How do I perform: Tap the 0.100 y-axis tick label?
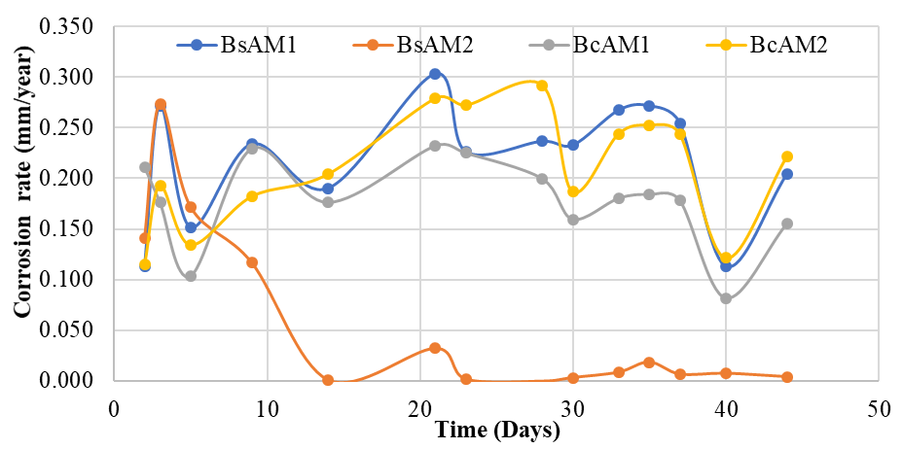click(x=65, y=280)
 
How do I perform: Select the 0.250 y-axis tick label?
click(x=65, y=127)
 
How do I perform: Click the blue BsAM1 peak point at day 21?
click(x=435, y=74)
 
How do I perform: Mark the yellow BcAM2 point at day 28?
click(x=542, y=86)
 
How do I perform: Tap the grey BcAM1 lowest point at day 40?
click(x=726, y=298)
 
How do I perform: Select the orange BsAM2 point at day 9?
click(x=252, y=262)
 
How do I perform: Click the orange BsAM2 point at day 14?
click(x=328, y=380)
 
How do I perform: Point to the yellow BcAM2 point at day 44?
click(x=787, y=156)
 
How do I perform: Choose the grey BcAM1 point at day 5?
click(x=191, y=276)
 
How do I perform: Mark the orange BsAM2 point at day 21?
click(x=435, y=348)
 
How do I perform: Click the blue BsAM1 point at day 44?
click(x=787, y=174)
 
